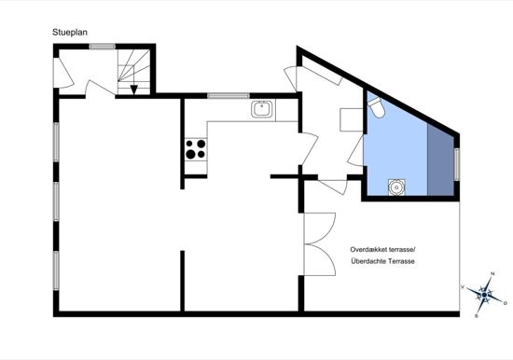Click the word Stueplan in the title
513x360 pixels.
70,32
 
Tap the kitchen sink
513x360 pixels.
263,109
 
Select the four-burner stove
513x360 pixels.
196,149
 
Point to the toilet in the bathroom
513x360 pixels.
376,109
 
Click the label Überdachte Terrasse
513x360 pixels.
384,262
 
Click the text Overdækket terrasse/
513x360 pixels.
384,250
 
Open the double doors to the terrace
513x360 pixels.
320,242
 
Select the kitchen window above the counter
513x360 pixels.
229,96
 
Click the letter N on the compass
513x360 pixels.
492,274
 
